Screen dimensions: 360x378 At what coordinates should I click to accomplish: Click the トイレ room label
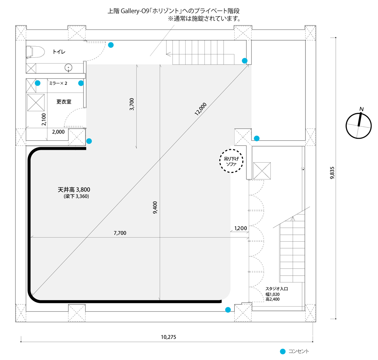59,52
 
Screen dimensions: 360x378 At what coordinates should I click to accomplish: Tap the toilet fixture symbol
35,52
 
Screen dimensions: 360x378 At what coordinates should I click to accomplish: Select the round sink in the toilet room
69,68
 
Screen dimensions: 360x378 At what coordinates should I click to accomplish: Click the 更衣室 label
64,102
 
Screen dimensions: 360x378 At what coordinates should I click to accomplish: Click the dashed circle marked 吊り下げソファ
231,161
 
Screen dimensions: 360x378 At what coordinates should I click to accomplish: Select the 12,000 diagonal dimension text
200,109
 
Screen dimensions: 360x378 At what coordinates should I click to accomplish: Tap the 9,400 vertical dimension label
155,208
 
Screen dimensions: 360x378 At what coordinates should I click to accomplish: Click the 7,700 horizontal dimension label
120,233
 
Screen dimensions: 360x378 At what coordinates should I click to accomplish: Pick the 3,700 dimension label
132,104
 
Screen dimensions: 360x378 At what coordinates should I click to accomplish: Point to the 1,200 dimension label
240,228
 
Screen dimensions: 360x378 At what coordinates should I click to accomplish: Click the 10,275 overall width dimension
168,337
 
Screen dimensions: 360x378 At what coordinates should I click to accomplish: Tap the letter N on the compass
361,109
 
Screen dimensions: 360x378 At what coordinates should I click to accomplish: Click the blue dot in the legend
283,351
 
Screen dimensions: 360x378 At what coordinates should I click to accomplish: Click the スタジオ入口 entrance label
277,289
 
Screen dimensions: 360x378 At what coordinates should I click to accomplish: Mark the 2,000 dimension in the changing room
58,132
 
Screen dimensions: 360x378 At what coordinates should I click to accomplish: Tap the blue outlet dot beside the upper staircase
245,61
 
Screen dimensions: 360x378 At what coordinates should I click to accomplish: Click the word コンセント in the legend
299,351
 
